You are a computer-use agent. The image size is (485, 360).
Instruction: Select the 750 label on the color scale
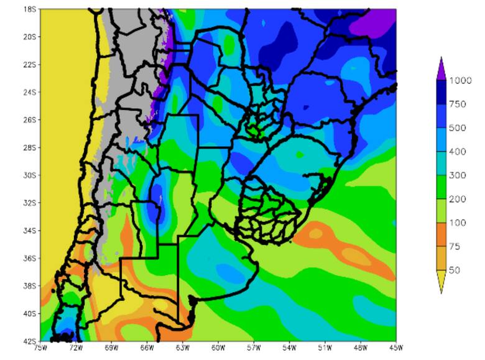pyautogui.click(x=458, y=104)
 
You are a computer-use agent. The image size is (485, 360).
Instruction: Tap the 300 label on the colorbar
pyautogui.click(x=458, y=175)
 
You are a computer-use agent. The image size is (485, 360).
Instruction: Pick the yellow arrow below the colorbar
pyautogui.click(x=441, y=282)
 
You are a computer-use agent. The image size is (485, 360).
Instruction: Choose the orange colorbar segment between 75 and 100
pyautogui.click(x=441, y=235)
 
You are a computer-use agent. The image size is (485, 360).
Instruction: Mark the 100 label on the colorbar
pyautogui.click(x=458, y=223)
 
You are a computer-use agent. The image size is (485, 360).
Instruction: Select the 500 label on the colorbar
pyautogui.click(x=458, y=127)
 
